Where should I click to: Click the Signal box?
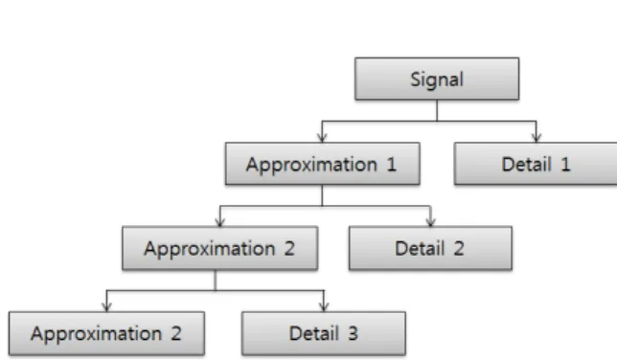click(437, 79)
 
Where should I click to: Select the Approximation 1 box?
click(323, 164)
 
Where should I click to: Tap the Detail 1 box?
click(536, 164)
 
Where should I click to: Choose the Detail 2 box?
click(430, 248)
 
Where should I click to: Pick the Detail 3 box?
click(324, 333)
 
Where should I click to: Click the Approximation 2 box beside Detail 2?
click(220, 248)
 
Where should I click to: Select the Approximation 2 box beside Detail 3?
click(106, 333)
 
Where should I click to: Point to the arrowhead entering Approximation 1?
click(322, 138)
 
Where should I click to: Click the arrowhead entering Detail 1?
click(537, 138)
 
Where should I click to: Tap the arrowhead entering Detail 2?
click(431, 222)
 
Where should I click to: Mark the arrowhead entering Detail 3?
click(324, 307)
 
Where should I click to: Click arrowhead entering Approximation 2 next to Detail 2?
click(220, 222)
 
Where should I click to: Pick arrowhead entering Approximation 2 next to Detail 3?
click(106, 307)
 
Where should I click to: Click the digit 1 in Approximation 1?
click(391, 164)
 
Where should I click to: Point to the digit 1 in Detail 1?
click(565, 164)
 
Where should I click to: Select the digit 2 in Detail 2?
click(459, 249)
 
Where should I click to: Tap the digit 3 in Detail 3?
click(353, 333)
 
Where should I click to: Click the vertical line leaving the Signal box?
click(437, 110)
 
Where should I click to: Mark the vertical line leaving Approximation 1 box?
click(322, 195)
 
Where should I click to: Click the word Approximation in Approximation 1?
click(311, 165)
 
